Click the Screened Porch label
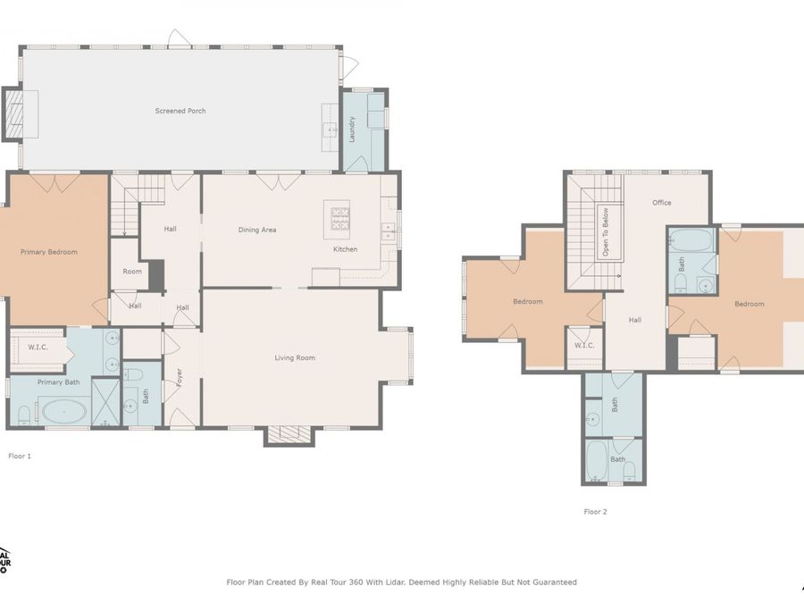(x=180, y=111)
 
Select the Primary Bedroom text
(x=49, y=252)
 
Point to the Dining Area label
(x=256, y=230)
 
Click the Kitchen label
(x=345, y=249)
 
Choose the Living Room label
(x=294, y=358)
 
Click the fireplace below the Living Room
(x=289, y=434)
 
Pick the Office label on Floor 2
(x=661, y=203)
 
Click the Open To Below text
(x=605, y=232)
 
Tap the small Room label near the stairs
(x=132, y=272)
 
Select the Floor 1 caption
(x=20, y=456)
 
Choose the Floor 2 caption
(x=595, y=512)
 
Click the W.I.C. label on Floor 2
(x=584, y=345)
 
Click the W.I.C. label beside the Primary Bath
(x=38, y=348)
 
